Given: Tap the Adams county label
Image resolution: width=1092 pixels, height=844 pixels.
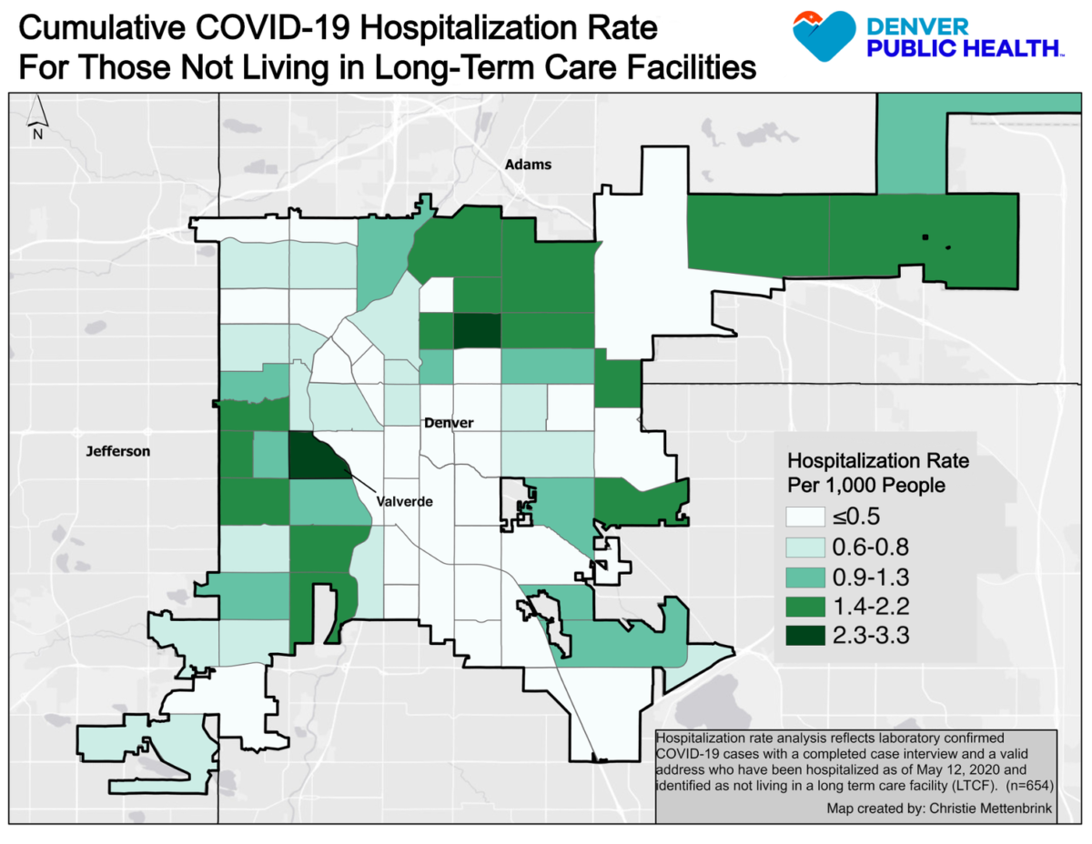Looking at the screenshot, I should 528,165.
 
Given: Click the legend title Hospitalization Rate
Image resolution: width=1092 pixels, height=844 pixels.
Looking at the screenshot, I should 877,461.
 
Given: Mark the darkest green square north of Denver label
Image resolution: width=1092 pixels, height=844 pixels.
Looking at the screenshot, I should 477,331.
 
